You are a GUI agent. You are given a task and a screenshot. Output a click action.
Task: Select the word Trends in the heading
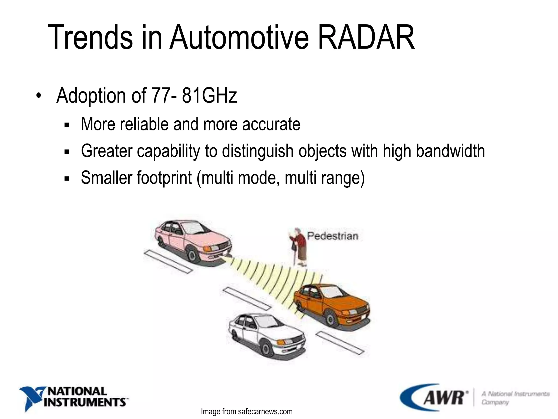pyautogui.click(x=90, y=37)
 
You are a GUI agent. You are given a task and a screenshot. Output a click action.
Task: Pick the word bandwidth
pyautogui.click(x=450, y=151)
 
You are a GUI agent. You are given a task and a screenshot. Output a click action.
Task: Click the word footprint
pyautogui.click(x=164, y=178)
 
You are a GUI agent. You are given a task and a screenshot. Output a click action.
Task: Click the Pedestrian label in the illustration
pyautogui.click(x=332, y=236)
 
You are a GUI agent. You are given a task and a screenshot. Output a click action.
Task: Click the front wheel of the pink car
pyautogui.click(x=192, y=256)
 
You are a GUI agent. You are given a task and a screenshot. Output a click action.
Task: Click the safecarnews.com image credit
pyautogui.click(x=247, y=412)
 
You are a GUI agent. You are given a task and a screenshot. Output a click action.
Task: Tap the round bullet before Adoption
pyautogui.click(x=39, y=96)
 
